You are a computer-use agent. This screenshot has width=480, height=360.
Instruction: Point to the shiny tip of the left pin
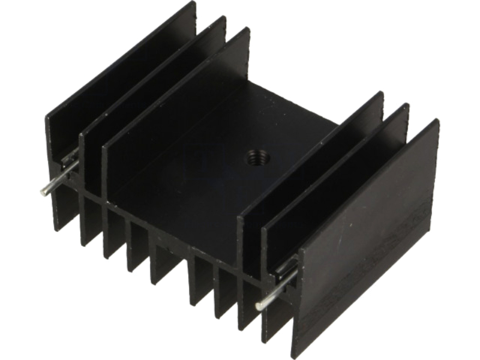44,192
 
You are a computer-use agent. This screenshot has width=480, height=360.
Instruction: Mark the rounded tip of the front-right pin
259,306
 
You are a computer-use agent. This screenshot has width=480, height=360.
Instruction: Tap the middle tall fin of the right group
336,174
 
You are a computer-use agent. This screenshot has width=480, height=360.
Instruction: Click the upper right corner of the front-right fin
436,122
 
